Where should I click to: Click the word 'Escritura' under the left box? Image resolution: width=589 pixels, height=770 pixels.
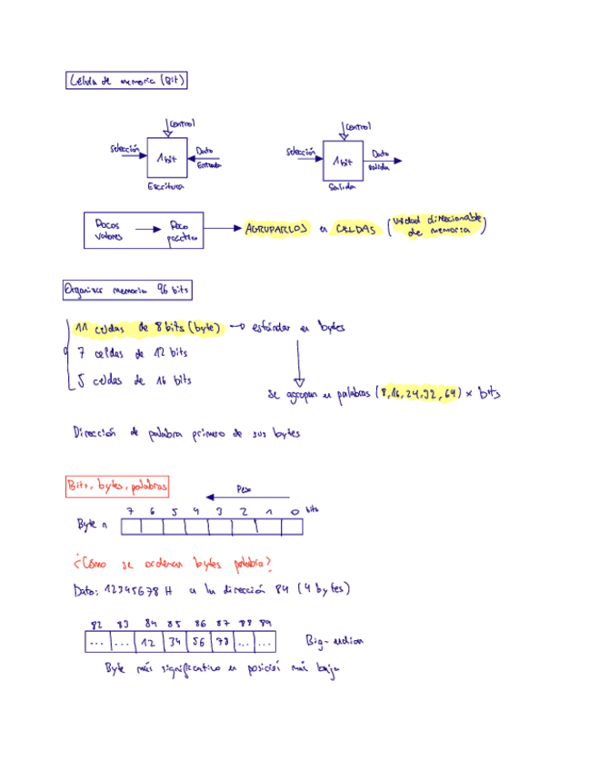coord(165,187)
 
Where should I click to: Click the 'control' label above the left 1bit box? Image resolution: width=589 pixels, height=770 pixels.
coord(181,123)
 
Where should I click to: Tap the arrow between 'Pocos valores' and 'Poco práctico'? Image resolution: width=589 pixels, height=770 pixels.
coord(146,231)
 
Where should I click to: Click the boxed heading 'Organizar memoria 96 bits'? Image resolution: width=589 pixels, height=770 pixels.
coord(127,291)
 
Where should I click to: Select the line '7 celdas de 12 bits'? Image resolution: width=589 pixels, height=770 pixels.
coord(134,354)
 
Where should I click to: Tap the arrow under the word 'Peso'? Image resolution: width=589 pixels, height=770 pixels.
coord(247,498)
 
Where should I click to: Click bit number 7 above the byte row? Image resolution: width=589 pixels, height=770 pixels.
coord(131,512)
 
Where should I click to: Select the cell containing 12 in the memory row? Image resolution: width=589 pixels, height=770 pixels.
coord(148,641)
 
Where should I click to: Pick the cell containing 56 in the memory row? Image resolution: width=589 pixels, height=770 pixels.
coord(197,641)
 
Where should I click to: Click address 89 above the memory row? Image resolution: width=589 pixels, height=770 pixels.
coord(265,623)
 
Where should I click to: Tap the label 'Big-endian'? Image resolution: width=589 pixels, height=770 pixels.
coord(334,641)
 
